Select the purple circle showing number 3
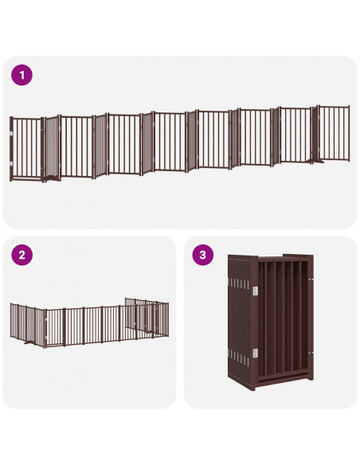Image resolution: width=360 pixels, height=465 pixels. point(203,256)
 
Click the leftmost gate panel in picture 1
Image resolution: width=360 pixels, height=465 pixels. point(25,148)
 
